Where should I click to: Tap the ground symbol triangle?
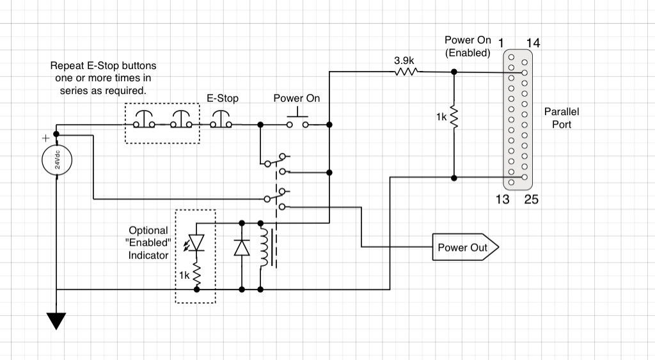[56, 320]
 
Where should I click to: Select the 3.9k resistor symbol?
[406, 72]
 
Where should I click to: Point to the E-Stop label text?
[223, 98]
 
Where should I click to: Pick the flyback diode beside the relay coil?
[242, 247]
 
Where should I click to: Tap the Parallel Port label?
[562, 118]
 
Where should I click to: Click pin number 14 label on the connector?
[533, 43]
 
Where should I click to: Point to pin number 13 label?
[503, 200]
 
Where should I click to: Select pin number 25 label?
[532, 200]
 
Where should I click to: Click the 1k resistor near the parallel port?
[454, 118]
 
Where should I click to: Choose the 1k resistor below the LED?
[196, 275]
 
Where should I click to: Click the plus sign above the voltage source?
[45, 138]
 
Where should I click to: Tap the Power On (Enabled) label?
[468, 47]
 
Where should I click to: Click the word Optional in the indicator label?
[148, 230]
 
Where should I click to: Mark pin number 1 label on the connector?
[501, 43]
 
